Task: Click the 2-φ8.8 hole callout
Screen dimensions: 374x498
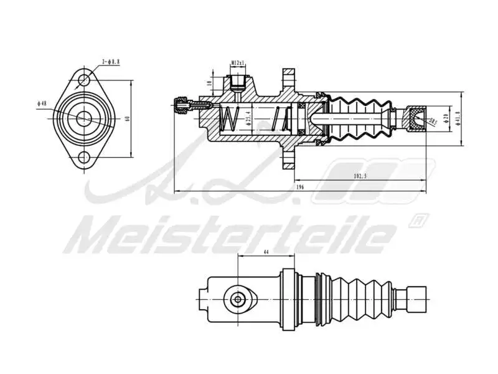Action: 110,62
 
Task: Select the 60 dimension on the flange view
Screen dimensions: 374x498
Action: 127,118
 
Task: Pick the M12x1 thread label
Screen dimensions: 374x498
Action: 238,63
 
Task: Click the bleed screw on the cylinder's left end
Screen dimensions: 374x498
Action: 182,105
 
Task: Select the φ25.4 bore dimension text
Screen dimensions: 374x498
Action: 248,117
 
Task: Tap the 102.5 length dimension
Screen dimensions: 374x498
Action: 360,176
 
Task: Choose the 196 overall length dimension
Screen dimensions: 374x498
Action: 299,186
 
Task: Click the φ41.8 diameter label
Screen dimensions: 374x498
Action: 457,118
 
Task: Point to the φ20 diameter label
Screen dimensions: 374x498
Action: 446,118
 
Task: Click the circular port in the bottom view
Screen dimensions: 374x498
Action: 237,299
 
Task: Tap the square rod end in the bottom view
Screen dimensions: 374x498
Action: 416,299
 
